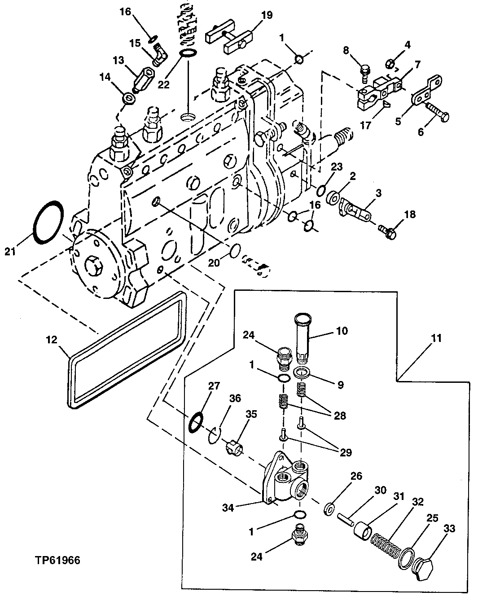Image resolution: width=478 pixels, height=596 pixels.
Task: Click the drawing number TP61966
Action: coord(58,561)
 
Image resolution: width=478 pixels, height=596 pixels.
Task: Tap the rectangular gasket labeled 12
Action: coord(126,352)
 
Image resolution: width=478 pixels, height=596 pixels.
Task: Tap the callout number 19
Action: coord(266,15)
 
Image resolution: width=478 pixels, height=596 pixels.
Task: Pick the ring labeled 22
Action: coord(189,54)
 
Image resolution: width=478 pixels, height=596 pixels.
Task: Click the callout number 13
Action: coord(118,60)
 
